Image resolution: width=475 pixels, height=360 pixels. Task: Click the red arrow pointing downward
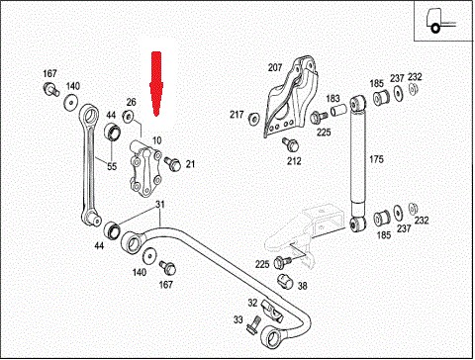tap(155, 84)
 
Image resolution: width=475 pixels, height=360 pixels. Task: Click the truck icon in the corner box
tap(440, 21)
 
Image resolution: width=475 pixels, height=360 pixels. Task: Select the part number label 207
tap(275, 67)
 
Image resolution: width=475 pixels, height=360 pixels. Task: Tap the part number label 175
tap(376, 159)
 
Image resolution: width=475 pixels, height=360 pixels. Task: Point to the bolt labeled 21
tap(172, 164)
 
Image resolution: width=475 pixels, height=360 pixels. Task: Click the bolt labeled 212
tap(290, 143)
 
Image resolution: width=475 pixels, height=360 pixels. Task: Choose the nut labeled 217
tap(253, 119)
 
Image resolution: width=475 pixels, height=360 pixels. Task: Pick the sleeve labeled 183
tap(338, 111)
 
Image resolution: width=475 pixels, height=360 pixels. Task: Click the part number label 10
tap(157, 140)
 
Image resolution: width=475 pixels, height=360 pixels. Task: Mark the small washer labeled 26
tap(128, 116)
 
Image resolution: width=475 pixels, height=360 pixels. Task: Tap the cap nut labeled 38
tap(285, 281)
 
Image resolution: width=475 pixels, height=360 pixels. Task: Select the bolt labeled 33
tap(253, 325)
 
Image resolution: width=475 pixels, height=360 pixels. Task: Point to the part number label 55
tap(112, 166)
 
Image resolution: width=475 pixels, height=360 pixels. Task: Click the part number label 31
tap(160, 205)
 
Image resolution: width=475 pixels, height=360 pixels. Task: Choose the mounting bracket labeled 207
tap(291, 97)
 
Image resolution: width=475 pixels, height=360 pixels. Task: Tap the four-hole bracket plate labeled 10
tap(145, 171)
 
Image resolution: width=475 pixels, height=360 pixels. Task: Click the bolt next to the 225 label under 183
tap(318, 117)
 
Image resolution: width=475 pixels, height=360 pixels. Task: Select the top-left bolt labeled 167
tap(50, 89)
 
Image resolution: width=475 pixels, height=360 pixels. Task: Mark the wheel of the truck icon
tap(435, 29)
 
